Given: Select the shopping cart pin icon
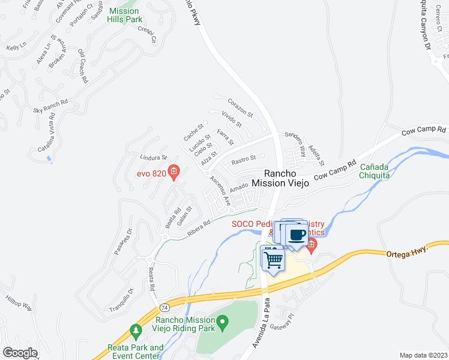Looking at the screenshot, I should [273, 259].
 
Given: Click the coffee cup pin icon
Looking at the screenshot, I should [297, 234].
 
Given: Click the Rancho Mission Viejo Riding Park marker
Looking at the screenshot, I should [223, 325].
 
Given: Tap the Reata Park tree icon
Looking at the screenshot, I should [136, 331].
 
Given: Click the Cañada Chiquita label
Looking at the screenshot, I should [375, 171].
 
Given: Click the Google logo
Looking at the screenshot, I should [20, 353].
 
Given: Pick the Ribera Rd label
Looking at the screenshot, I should [198, 229].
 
